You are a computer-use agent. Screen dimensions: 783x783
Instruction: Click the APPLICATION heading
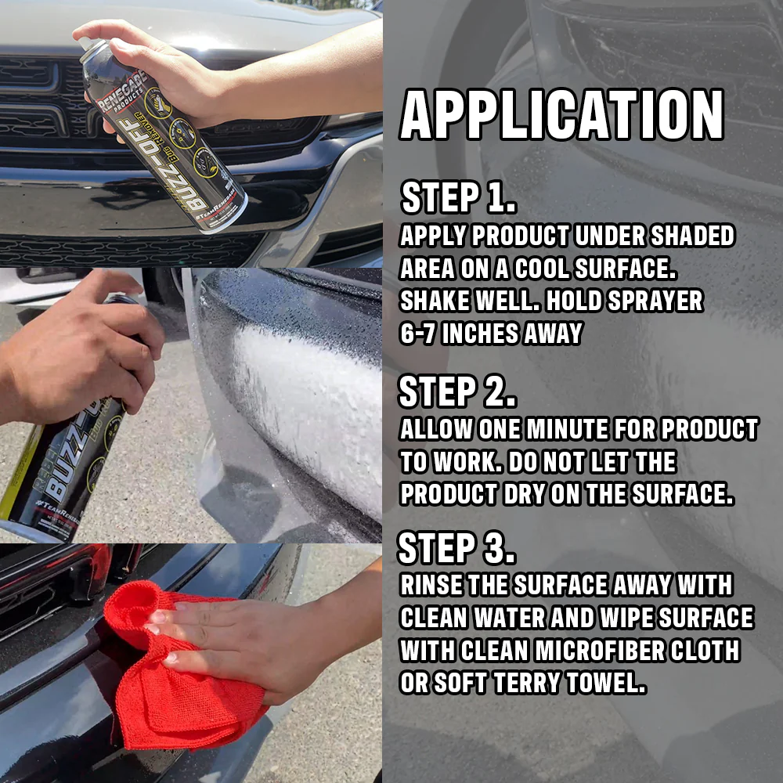561,116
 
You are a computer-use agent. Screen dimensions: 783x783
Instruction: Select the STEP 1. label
458,199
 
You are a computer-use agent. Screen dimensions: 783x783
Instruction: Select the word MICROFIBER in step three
596,650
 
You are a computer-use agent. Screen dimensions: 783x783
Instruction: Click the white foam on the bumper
305,407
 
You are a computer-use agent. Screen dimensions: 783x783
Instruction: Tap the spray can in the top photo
164,133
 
